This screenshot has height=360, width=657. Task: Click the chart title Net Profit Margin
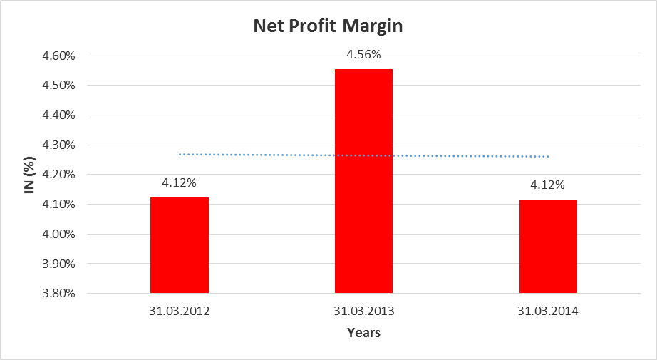point(328,27)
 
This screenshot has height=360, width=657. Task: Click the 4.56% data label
point(363,54)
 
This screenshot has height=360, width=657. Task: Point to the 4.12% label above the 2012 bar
point(180,182)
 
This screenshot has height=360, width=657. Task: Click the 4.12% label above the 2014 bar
point(548,185)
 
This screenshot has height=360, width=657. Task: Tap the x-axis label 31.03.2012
point(180,311)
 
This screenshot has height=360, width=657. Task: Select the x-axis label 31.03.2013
point(363,311)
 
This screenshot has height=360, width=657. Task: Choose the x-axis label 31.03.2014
point(548,311)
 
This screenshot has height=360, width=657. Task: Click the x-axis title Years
point(363,333)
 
